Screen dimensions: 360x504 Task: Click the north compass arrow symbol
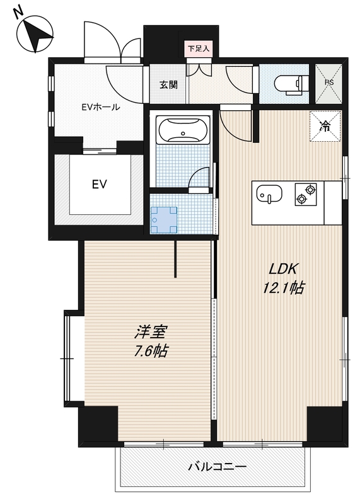pyautogui.click(x=35, y=35)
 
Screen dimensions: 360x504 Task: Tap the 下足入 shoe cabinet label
pyautogui.click(x=199, y=49)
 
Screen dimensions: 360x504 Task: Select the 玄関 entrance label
pyautogui.click(x=168, y=85)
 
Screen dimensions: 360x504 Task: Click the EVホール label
pyautogui.click(x=100, y=107)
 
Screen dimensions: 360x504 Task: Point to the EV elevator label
pyautogui.click(x=100, y=185)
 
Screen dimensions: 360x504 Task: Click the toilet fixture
pyautogui.click(x=291, y=84)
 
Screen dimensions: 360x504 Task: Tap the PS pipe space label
pyautogui.click(x=329, y=83)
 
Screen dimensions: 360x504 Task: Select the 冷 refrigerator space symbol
pyautogui.click(x=325, y=126)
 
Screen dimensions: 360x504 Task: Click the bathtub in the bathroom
pyautogui.click(x=183, y=129)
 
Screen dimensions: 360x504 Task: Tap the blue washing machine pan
pyautogui.click(x=164, y=220)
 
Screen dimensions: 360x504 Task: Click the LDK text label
pyautogui.click(x=282, y=269)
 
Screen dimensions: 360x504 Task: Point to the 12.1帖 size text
pyautogui.click(x=284, y=288)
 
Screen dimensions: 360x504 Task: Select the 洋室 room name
pyautogui.click(x=151, y=332)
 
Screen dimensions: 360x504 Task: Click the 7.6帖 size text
pyautogui.click(x=151, y=351)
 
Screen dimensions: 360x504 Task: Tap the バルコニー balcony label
pyautogui.click(x=217, y=466)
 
